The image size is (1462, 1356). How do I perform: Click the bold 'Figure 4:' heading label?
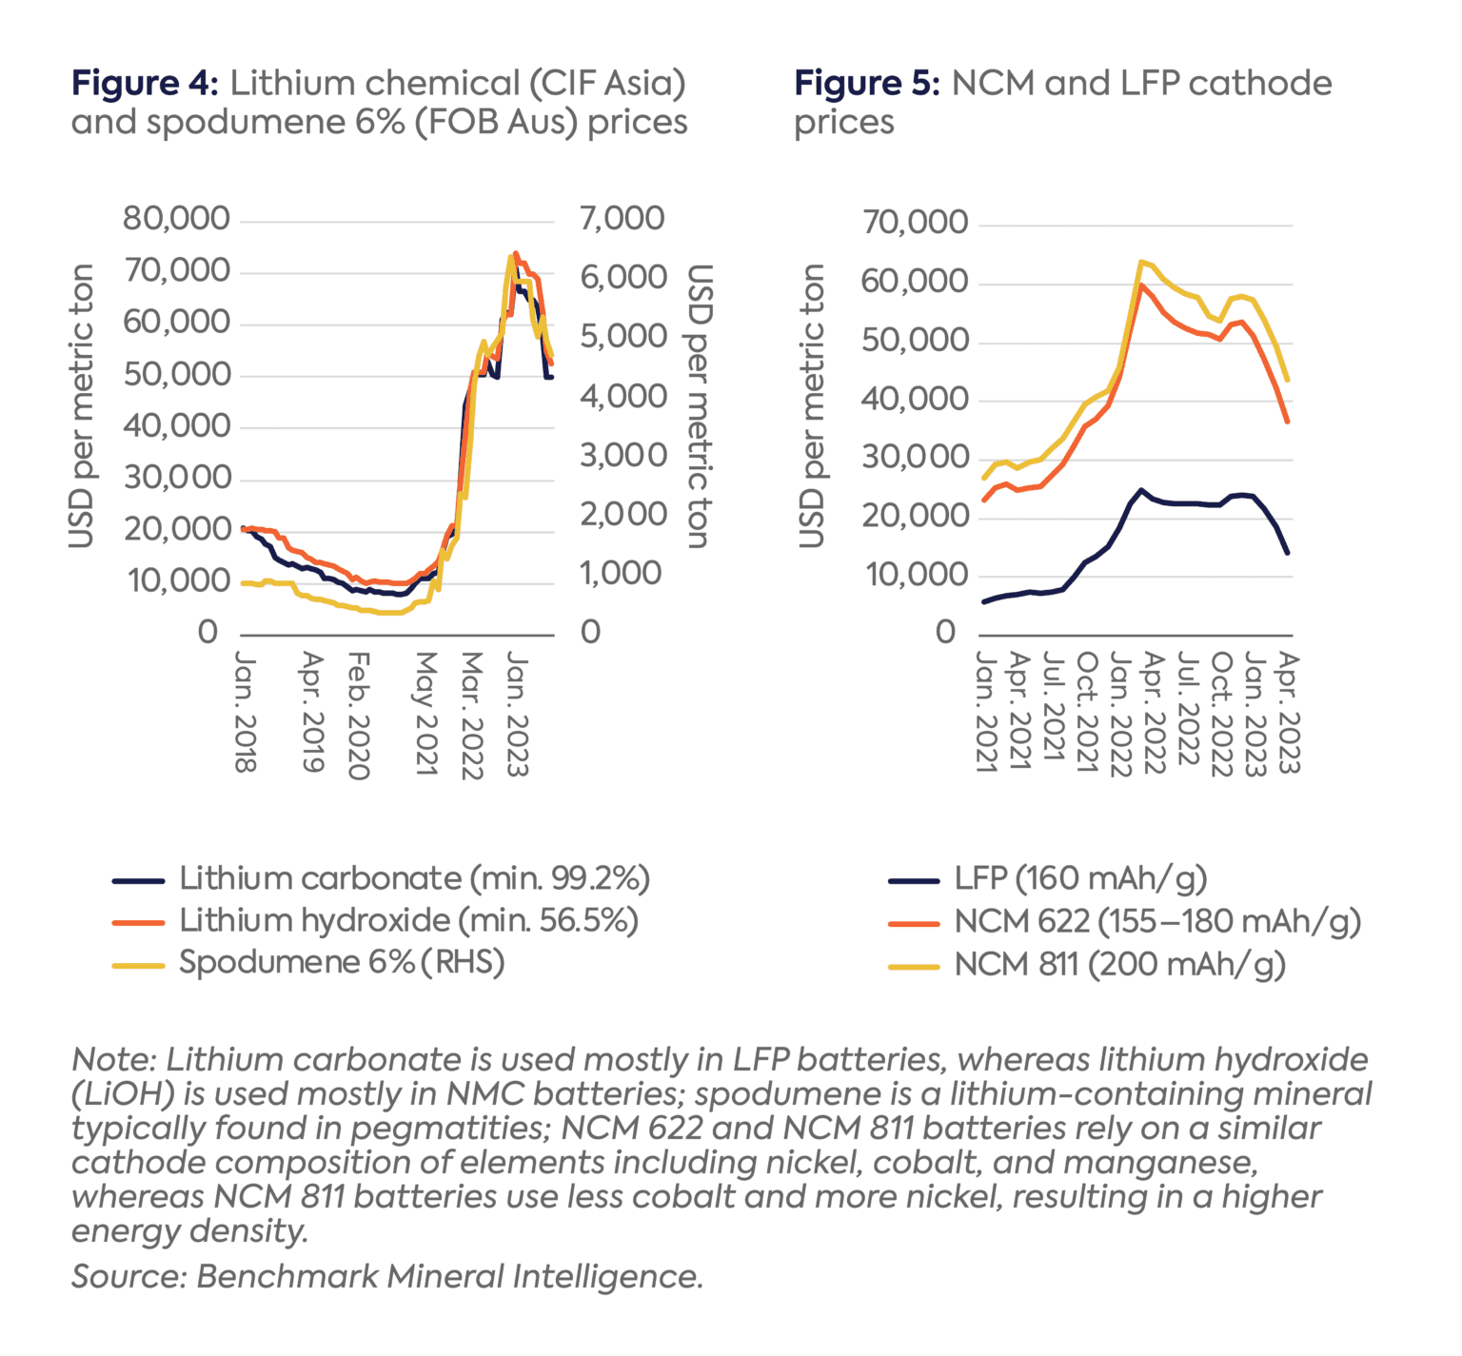[x=145, y=84]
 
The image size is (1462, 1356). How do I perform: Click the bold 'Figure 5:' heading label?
[x=867, y=84]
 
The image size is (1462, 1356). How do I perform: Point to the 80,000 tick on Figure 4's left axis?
[x=176, y=219]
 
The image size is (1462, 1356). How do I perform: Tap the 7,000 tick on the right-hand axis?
[x=622, y=219]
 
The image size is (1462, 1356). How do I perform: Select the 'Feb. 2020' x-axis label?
[x=358, y=716]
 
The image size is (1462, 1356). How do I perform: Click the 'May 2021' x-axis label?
[x=425, y=714]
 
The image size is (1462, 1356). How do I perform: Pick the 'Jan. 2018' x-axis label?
[x=246, y=712]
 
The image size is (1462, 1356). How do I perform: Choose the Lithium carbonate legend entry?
[x=413, y=878]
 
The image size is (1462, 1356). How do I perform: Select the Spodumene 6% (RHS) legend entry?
[x=341, y=962]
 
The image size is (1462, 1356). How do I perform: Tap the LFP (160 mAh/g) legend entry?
[x=1079, y=878]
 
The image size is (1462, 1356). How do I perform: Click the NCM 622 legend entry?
[x=1156, y=921]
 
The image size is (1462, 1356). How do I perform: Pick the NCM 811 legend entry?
[x=1119, y=964]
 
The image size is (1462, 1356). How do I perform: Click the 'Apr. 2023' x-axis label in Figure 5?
[x=1289, y=712]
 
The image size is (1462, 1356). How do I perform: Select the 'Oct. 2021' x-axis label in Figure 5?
[x=1087, y=712]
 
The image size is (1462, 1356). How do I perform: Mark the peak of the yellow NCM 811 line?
[x=1140, y=261]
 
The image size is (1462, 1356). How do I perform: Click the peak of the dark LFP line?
[x=1140, y=490]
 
